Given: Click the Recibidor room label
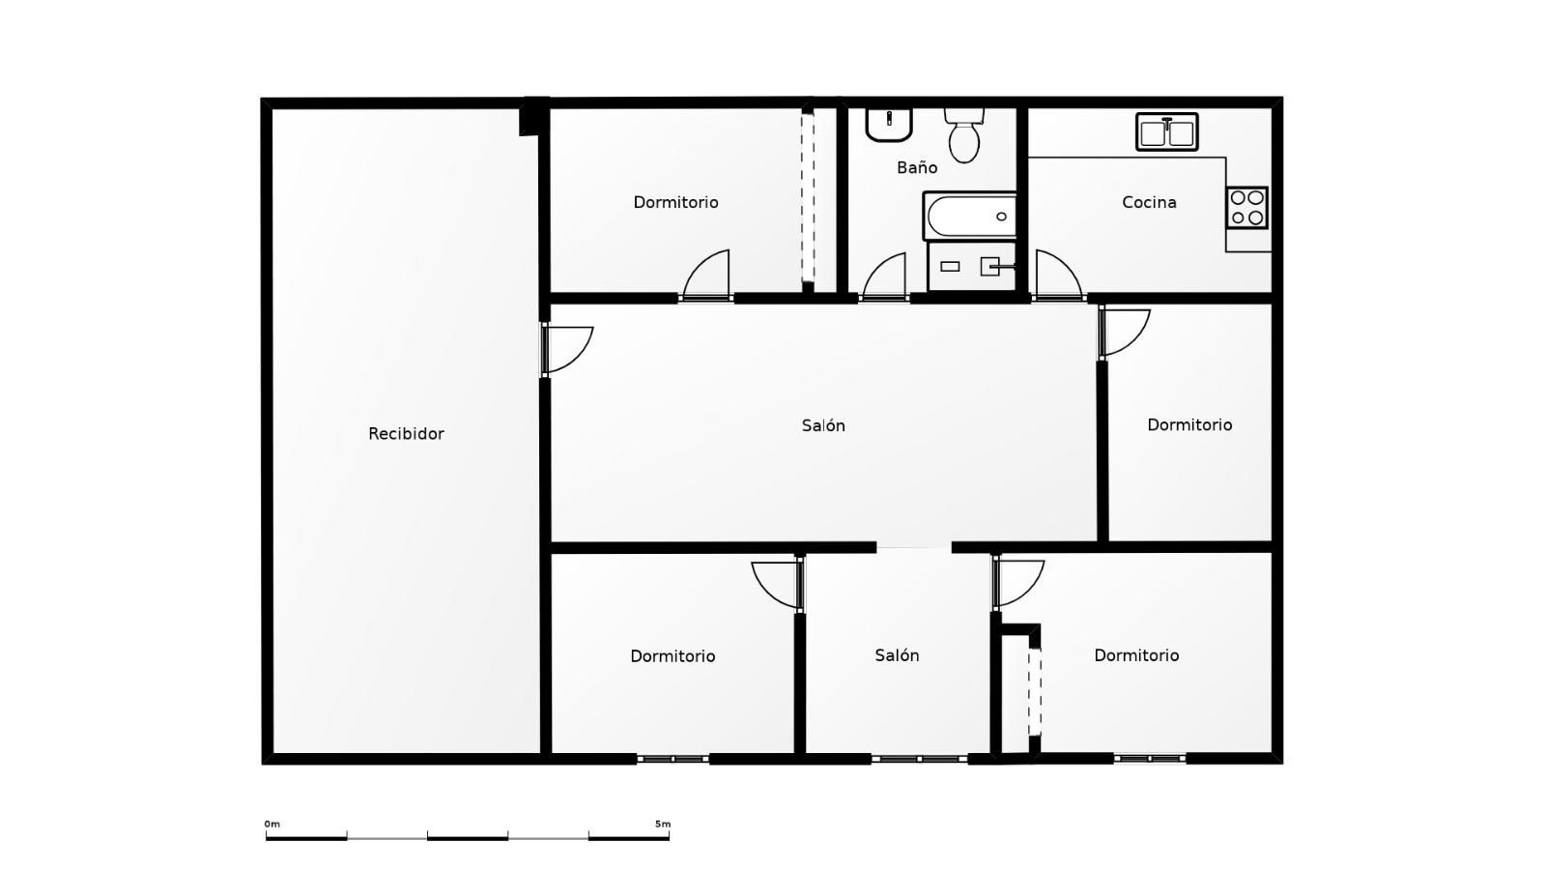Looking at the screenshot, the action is tap(406, 434).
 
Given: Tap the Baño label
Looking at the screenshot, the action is tap(917, 167).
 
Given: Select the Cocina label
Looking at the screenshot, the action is tap(1149, 202).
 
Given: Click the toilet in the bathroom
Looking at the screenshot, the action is tap(964, 135).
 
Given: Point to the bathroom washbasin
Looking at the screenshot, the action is tap(889, 125).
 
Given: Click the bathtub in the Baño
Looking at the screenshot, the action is tap(970, 217).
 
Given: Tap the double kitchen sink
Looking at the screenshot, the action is tap(1167, 131).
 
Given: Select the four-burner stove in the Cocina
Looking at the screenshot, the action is tap(1247, 207).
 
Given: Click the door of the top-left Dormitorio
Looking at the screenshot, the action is tap(705, 275).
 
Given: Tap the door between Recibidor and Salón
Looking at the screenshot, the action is tap(566, 350).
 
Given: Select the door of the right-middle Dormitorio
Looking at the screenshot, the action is tap(1125, 333).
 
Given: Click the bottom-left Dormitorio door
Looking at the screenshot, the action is tap(778, 586).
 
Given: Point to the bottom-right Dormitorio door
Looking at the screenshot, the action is tap(1018, 583).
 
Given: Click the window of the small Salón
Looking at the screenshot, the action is tap(919, 759).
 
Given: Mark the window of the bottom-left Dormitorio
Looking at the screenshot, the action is tap(673, 759).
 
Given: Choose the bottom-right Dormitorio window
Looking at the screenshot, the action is tap(1150, 758).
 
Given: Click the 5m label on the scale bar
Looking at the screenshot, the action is tap(663, 824).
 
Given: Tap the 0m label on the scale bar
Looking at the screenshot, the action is tap(272, 824).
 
